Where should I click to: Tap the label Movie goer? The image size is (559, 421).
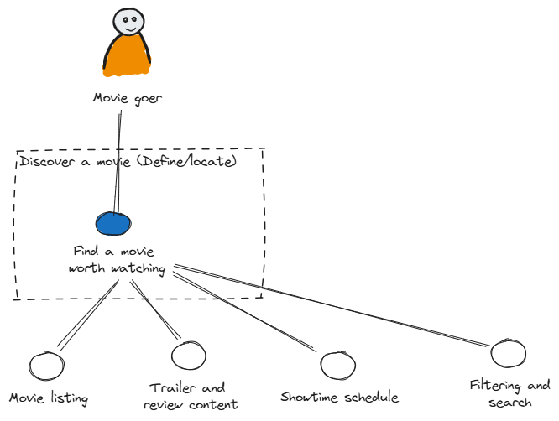[x=127, y=99]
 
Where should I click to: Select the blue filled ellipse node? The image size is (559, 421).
[x=113, y=223]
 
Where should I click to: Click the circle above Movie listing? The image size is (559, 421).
[x=45, y=365]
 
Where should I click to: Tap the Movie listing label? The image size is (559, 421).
[x=49, y=397]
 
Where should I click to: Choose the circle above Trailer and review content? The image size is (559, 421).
[x=188, y=356]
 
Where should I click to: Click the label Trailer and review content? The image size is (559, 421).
[x=188, y=397]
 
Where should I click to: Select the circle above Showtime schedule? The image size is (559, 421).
[x=337, y=365]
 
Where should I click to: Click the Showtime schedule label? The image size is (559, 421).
[x=339, y=397]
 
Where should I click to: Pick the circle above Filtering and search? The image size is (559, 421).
[x=508, y=353]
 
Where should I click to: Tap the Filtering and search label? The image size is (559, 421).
[x=509, y=394]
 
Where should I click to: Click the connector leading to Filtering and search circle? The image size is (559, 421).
[x=336, y=307]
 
